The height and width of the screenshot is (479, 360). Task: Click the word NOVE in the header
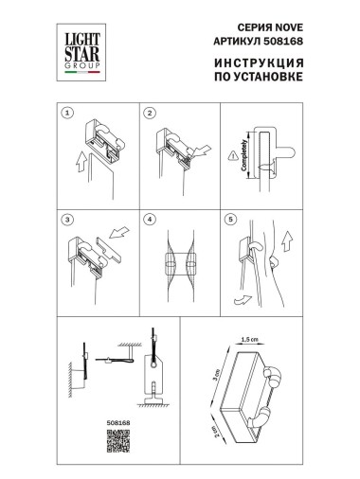click(280, 28)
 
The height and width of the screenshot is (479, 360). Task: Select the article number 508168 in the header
click(284, 43)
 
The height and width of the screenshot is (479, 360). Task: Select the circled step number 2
click(150, 113)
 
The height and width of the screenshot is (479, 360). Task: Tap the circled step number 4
click(150, 218)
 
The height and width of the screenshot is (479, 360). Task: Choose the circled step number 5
click(230, 218)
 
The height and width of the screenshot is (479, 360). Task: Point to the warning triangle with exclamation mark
click(237, 157)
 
